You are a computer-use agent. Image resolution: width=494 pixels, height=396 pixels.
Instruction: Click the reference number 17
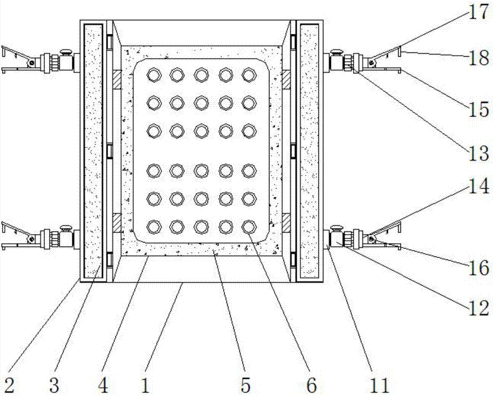point(478,12)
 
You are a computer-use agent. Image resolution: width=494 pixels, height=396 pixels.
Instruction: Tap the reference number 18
point(478,59)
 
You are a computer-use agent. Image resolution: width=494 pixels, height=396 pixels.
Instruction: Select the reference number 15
point(478,108)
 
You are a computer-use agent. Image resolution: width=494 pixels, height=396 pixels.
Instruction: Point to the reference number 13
point(478,154)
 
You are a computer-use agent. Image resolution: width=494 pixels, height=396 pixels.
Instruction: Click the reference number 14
point(478,186)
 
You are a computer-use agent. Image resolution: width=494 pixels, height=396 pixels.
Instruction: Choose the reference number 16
point(478,269)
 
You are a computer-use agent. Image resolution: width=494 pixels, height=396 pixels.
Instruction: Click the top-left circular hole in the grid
point(155,74)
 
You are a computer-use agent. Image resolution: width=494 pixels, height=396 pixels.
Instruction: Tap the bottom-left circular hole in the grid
point(155,226)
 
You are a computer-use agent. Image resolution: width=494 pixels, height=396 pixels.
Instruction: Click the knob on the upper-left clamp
point(65,51)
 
